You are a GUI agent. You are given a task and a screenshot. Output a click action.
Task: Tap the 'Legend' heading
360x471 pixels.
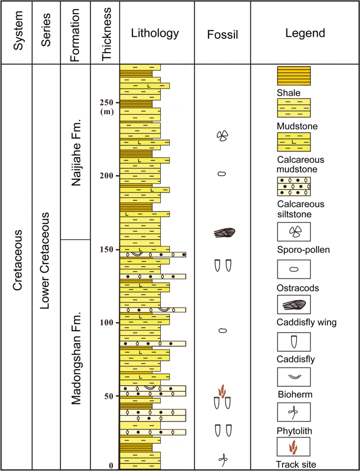[x=305, y=34]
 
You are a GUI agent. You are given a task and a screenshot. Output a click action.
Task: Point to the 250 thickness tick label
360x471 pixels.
[x=108, y=102]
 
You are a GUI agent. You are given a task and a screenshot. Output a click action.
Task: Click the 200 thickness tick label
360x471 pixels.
[x=108, y=176]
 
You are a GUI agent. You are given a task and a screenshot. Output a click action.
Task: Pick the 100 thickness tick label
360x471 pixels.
[x=108, y=323]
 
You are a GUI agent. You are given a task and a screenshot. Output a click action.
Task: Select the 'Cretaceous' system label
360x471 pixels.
[x=17, y=260]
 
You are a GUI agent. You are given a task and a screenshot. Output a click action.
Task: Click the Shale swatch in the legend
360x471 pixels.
[x=294, y=76]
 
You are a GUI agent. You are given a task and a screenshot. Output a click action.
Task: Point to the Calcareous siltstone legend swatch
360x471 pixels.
[x=294, y=186]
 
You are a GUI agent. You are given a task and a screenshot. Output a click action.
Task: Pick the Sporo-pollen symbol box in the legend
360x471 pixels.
[x=294, y=231]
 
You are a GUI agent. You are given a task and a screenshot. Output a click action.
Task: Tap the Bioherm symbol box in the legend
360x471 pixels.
[x=294, y=376]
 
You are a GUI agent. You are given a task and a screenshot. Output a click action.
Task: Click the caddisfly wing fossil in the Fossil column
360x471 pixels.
[x=224, y=233]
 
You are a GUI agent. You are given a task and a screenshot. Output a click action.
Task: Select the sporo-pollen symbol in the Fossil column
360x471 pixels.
[x=222, y=136]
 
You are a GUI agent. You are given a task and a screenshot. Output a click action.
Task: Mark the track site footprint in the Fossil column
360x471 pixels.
[x=223, y=390]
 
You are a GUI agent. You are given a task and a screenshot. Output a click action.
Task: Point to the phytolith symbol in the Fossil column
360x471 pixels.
[x=223, y=459]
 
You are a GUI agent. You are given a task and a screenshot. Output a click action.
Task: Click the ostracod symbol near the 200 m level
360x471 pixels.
[x=222, y=173]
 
